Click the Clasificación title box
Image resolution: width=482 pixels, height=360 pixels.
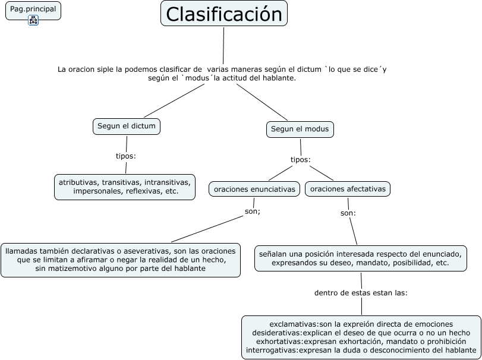pyautogui.click(x=224, y=14)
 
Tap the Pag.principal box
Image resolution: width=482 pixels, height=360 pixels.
pyautogui.click(x=33, y=11)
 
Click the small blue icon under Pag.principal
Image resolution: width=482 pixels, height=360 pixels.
pyautogui.click(x=33, y=20)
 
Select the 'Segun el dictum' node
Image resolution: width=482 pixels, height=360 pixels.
pyautogui.click(x=127, y=127)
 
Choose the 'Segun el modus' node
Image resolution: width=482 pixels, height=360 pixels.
pyautogui.click(x=300, y=130)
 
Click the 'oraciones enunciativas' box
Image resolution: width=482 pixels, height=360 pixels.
pyautogui.click(x=254, y=189)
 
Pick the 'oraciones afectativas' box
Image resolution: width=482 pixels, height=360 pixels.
pyautogui.click(x=347, y=188)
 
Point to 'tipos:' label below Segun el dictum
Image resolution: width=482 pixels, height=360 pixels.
pyautogui.click(x=126, y=156)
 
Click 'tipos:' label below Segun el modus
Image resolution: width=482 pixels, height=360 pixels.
pyautogui.click(x=300, y=160)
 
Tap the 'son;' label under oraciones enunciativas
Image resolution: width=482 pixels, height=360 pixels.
pyautogui.click(x=253, y=211)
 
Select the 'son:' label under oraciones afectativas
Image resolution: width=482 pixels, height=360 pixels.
pyautogui.click(x=348, y=213)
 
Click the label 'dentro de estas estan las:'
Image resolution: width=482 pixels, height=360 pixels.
pyautogui.click(x=361, y=293)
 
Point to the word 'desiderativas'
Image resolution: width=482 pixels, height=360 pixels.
pyautogui.click(x=276, y=333)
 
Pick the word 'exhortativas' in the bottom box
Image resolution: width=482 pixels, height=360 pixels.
pyautogui.click(x=279, y=341)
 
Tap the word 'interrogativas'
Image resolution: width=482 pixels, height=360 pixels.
pyautogui.click(x=272, y=350)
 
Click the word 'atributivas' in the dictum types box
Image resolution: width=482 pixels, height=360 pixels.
pyautogui.click(x=79, y=182)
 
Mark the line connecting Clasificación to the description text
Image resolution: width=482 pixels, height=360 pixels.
pyautogui.click(x=223, y=46)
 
